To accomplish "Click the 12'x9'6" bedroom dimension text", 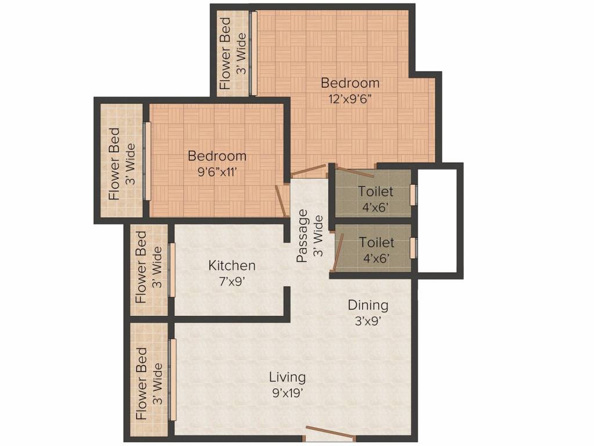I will tap(350, 98).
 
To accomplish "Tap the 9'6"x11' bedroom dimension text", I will tap(217, 171).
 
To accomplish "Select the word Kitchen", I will tap(232, 266).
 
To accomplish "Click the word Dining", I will tap(368, 305).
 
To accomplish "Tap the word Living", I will tap(287, 377).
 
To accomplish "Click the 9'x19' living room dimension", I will tap(287, 392).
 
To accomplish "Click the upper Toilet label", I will tap(375, 191).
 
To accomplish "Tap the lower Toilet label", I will tap(376, 242).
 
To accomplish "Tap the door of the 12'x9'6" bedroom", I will tap(309, 170).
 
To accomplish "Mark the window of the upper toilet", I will tap(413, 195).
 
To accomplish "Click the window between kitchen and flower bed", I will tap(172, 269).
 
